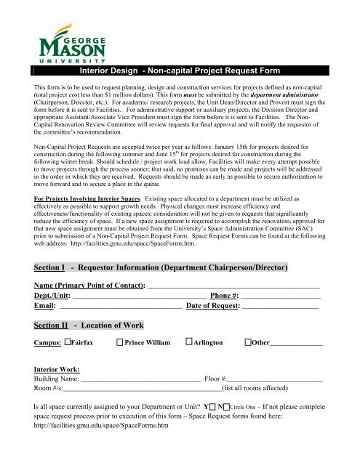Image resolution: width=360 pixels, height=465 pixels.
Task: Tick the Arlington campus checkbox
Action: (189, 342)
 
